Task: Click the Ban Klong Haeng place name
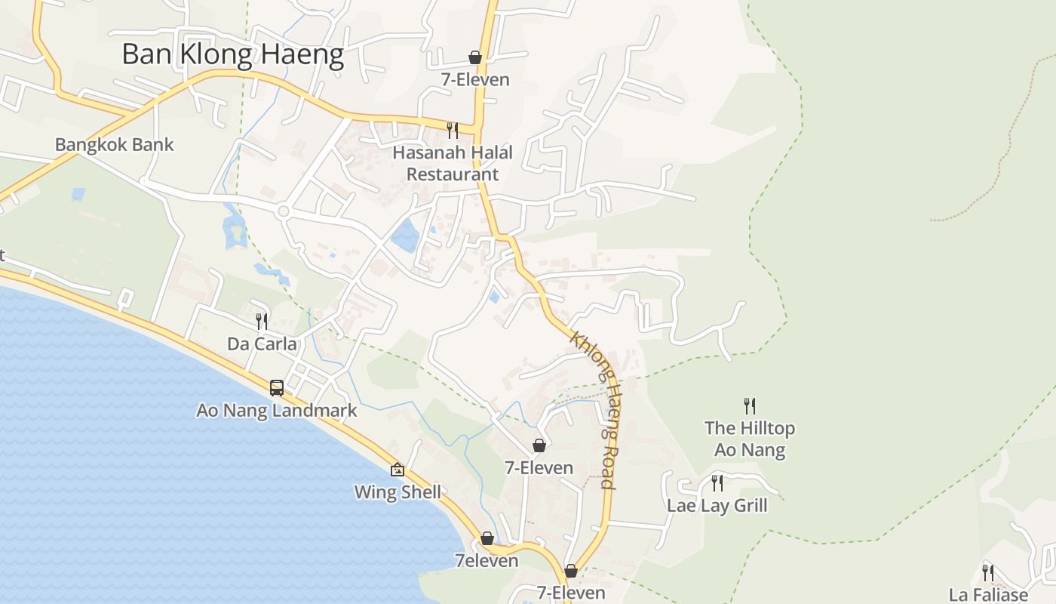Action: [232, 55]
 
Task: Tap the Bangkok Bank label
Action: [115, 145]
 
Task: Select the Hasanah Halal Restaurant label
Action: [453, 163]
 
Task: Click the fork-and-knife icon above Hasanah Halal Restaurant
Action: [453, 130]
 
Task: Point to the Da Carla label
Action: [262, 344]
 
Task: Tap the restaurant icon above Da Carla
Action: [262, 321]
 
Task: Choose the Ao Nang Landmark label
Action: [276, 411]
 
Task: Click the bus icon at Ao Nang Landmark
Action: [277, 388]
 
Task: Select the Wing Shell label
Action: [398, 493]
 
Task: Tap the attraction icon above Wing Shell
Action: [398, 470]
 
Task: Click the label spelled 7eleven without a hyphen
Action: [487, 561]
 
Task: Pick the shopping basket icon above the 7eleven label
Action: [487, 538]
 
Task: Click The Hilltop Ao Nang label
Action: [750, 439]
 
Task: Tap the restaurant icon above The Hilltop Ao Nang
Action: [749, 406]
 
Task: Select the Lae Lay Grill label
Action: [717, 506]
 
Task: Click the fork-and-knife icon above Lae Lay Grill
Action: [717, 482]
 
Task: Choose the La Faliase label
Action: [988, 595]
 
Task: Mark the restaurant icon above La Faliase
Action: [988, 572]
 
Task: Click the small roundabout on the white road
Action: [284, 211]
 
